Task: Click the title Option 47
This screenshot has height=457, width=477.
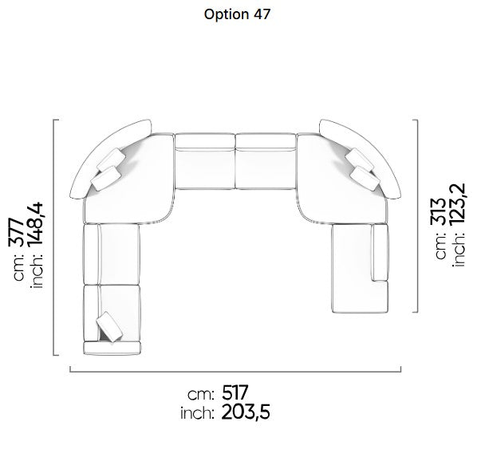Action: [x=237, y=14]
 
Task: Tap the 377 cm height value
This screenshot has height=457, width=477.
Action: [x=16, y=232]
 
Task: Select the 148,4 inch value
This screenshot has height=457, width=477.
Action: [x=35, y=224]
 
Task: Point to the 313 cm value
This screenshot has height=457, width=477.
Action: [x=439, y=212]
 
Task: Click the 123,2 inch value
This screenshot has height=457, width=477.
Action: [x=457, y=204]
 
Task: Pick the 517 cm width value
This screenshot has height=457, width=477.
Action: [x=235, y=392]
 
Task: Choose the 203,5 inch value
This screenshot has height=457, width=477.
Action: [x=246, y=412]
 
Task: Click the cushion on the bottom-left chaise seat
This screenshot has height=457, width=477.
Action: [x=109, y=326]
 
